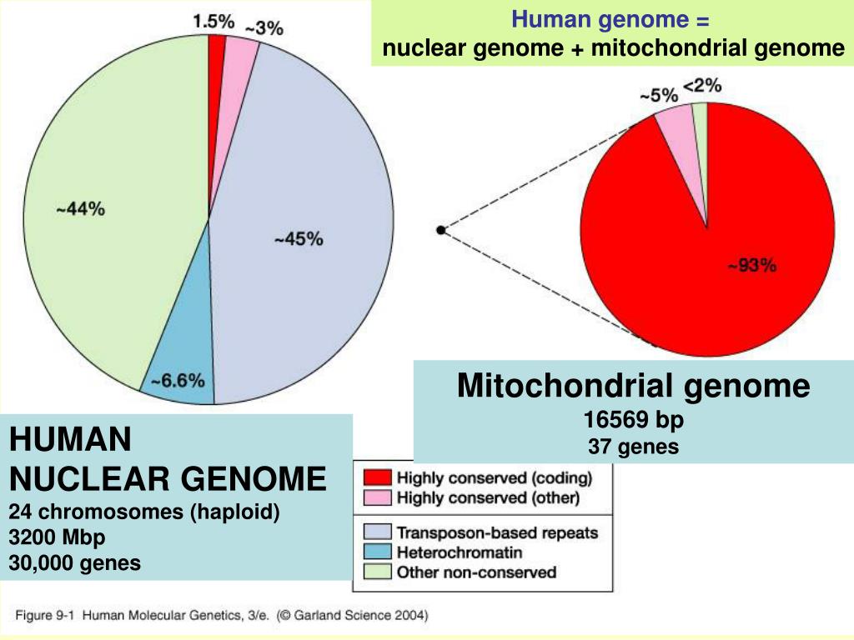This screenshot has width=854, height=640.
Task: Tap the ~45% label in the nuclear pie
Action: click(298, 239)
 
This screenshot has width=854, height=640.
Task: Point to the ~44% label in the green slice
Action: click(80, 210)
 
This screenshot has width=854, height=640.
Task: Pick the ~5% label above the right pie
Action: click(658, 96)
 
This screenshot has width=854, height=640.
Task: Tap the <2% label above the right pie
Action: click(702, 86)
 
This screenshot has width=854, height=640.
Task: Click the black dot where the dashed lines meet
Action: click(440, 230)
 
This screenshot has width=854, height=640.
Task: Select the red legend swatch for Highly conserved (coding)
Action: click(379, 478)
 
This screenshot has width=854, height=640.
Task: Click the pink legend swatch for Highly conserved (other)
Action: click(379, 498)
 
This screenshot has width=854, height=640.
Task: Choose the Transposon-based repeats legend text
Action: click(497, 532)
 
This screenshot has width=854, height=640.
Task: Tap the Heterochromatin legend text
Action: click(459, 552)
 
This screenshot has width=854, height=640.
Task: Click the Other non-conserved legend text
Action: click(475, 572)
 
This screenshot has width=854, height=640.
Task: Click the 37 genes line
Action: click(633, 447)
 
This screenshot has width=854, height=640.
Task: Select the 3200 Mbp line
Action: click(58, 537)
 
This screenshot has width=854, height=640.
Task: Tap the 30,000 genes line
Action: click(75, 563)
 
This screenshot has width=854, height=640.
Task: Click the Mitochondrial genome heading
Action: click(633, 386)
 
